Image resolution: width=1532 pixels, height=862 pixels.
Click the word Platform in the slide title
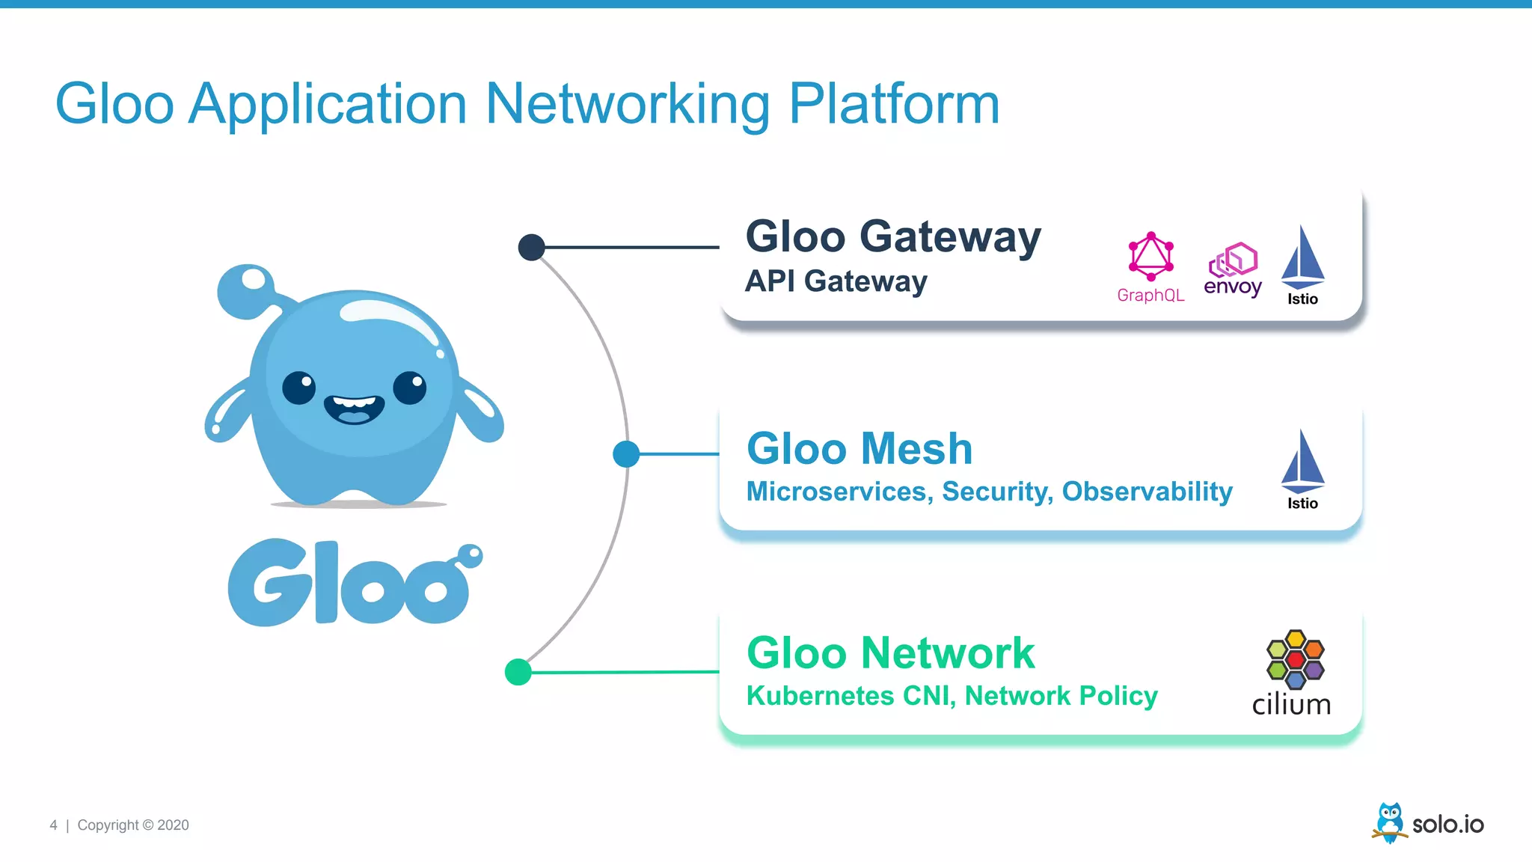point(894,105)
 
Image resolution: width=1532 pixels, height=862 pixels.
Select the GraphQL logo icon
point(1150,257)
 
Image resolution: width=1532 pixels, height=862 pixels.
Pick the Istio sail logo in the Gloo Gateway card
point(1302,258)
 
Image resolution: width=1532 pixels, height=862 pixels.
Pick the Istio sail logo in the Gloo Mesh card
point(1302,462)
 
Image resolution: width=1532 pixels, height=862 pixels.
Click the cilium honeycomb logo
point(1295,659)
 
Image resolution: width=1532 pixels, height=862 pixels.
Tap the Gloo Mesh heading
point(860,449)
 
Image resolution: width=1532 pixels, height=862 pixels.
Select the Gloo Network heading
point(890,653)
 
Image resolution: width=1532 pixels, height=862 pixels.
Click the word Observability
point(1147,492)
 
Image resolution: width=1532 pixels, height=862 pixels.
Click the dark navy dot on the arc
point(531,247)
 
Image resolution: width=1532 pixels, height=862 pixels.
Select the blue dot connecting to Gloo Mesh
point(626,453)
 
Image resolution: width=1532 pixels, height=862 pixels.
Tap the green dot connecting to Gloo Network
point(518,672)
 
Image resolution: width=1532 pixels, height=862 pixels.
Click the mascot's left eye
point(298,388)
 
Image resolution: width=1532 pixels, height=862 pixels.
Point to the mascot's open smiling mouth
point(354,409)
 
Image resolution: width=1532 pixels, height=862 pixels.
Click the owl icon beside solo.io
point(1389,822)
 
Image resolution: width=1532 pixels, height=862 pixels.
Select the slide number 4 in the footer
point(53,825)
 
